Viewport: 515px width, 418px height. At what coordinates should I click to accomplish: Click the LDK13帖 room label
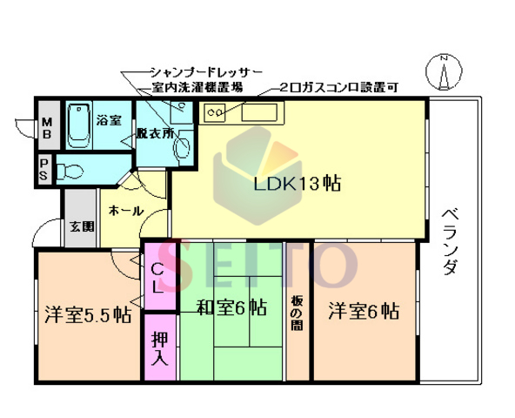(297, 184)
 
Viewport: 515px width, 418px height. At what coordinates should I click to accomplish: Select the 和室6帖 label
(231, 308)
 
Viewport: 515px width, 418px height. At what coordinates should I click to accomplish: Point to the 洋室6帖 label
(364, 310)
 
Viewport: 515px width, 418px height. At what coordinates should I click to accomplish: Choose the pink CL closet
(159, 278)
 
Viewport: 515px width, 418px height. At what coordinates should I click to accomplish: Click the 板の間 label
(298, 317)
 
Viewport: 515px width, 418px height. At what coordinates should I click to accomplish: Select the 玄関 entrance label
(81, 226)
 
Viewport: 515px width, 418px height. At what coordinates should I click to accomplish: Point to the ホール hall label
(127, 210)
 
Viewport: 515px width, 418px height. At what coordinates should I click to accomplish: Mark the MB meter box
(46, 127)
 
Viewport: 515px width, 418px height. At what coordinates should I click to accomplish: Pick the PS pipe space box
(43, 168)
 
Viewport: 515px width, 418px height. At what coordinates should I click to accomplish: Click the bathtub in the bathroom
(80, 125)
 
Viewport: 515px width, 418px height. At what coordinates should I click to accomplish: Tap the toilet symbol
(73, 170)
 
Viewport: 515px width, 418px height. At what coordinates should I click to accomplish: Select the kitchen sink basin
(258, 112)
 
